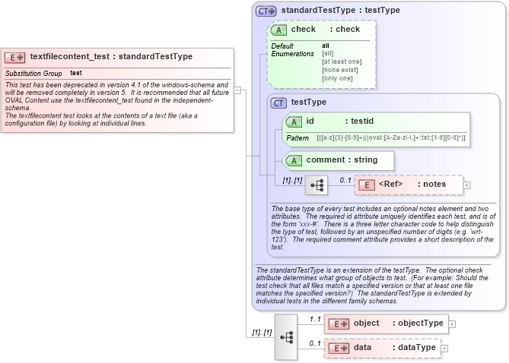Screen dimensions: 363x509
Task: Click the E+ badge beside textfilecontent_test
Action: [x=15, y=57]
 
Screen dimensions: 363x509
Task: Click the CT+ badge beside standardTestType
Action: [x=266, y=11]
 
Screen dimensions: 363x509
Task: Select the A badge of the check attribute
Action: [x=279, y=30]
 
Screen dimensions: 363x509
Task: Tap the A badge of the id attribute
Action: [x=294, y=122]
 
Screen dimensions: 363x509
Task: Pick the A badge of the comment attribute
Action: [x=294, y=160]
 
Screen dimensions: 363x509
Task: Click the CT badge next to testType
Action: [x=279, y=102]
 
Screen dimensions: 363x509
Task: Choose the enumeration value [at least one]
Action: [x=342, y=62]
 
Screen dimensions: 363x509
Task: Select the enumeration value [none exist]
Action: [x=340, y=70]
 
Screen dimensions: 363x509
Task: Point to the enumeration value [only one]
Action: [x=337, y=78]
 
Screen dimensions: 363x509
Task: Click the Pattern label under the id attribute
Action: [x=297, y=138]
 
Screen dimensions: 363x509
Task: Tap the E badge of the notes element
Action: [x=366, y=185]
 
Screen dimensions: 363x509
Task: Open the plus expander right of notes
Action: [x=466, y=185]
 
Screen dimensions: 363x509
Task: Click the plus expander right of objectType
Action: [x=452, y=324]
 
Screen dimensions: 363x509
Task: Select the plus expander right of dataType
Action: [x=445, y=348]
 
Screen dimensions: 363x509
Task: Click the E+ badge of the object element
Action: [x=337, y=324]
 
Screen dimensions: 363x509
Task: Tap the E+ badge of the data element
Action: [x=337, y=348]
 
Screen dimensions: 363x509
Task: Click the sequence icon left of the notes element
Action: [x=316, y=185]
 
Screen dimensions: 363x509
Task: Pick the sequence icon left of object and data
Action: [x=286, y=336]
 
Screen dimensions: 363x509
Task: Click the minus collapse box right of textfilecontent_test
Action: [x=237, y=90]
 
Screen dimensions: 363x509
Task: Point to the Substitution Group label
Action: [x=33, y=73]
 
